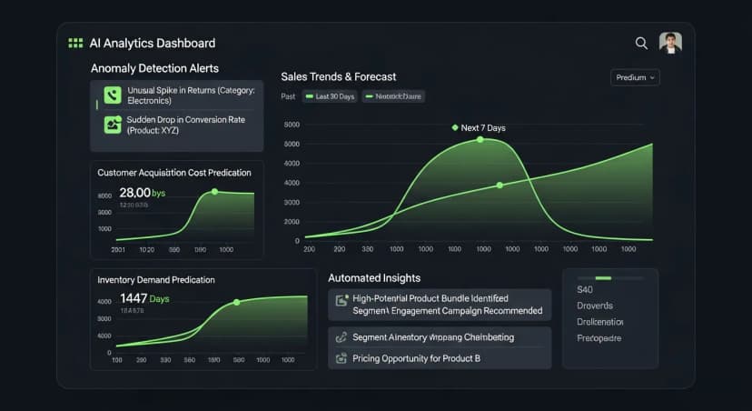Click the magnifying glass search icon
pyautogui.click(x=641, y=43)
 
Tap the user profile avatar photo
pyautogui.click(x=670, y=43)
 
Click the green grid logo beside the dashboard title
pyautogui.click(x=75, y=43)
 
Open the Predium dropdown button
pyautogui.click(x=635, y=77)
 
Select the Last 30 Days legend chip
pyautogui.click(x=331, y=96)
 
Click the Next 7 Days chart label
pyautogui.click(x=482, y=128)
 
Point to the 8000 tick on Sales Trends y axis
pyautogui.click(x=292, y=125)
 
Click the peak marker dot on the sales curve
pyautogui.click(x=480, y=140)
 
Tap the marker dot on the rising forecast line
pyautogui.click(x=500, y=185)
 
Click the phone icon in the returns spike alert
pyautogui.click(x=113, y=95)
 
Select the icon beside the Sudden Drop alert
pyautogui.click(x=113, y=125)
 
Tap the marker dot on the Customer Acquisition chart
pyautogui.click(x=214, y=192)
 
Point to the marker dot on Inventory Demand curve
pyautogui.click(x=236, y=302)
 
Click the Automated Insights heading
pyautogui.click(x=374, y=278)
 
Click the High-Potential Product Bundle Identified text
pyautogui.click(x=430, y=298)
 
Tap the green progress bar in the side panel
pyautogui.click(x=603, y=277)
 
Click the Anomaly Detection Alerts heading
pyautogui.click(x=154, y=68)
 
